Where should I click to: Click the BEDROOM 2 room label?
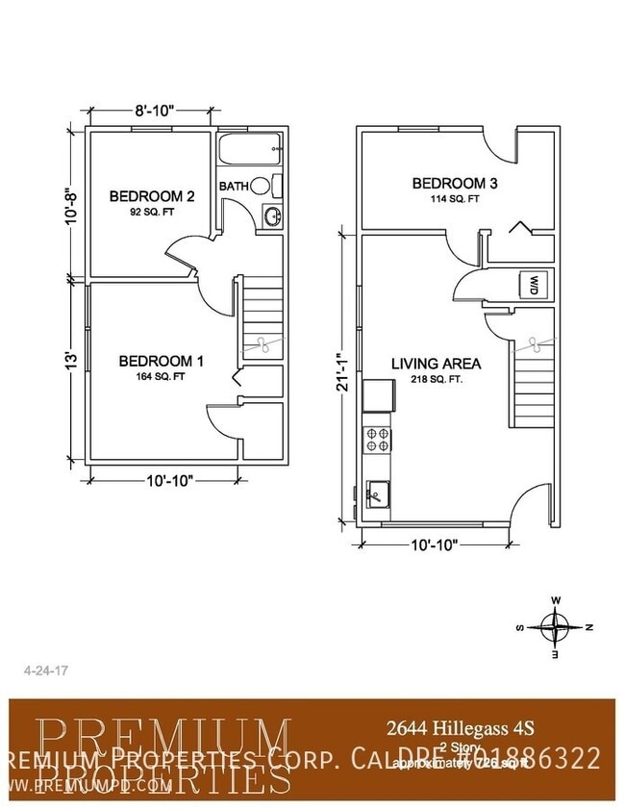(x=152, y=196)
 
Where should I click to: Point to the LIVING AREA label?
(x=436, y=364)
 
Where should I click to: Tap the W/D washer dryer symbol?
(x=534, y=285)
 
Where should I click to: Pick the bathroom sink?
(x=272, y=215)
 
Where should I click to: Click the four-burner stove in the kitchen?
(x=377, y=440)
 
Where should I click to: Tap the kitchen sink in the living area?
(x=378, y=494)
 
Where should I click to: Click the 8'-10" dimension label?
(x=152, y=111)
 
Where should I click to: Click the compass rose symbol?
(x=555, y=626)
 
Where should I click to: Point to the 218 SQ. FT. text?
(x=436, y=380)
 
